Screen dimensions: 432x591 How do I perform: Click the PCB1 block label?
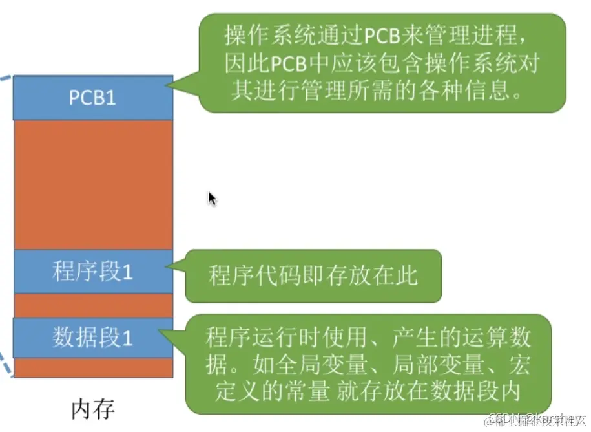click(92, 98)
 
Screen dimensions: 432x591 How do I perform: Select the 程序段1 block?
click(92, 272)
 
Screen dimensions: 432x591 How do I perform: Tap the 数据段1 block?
click(92, 338)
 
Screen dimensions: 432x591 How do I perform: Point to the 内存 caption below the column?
click(92, 409)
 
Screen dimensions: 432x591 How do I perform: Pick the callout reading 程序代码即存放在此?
click(313, 275)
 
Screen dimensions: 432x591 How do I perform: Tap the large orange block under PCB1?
click(92, 184)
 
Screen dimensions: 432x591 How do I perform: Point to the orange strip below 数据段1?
click(92, 367)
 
